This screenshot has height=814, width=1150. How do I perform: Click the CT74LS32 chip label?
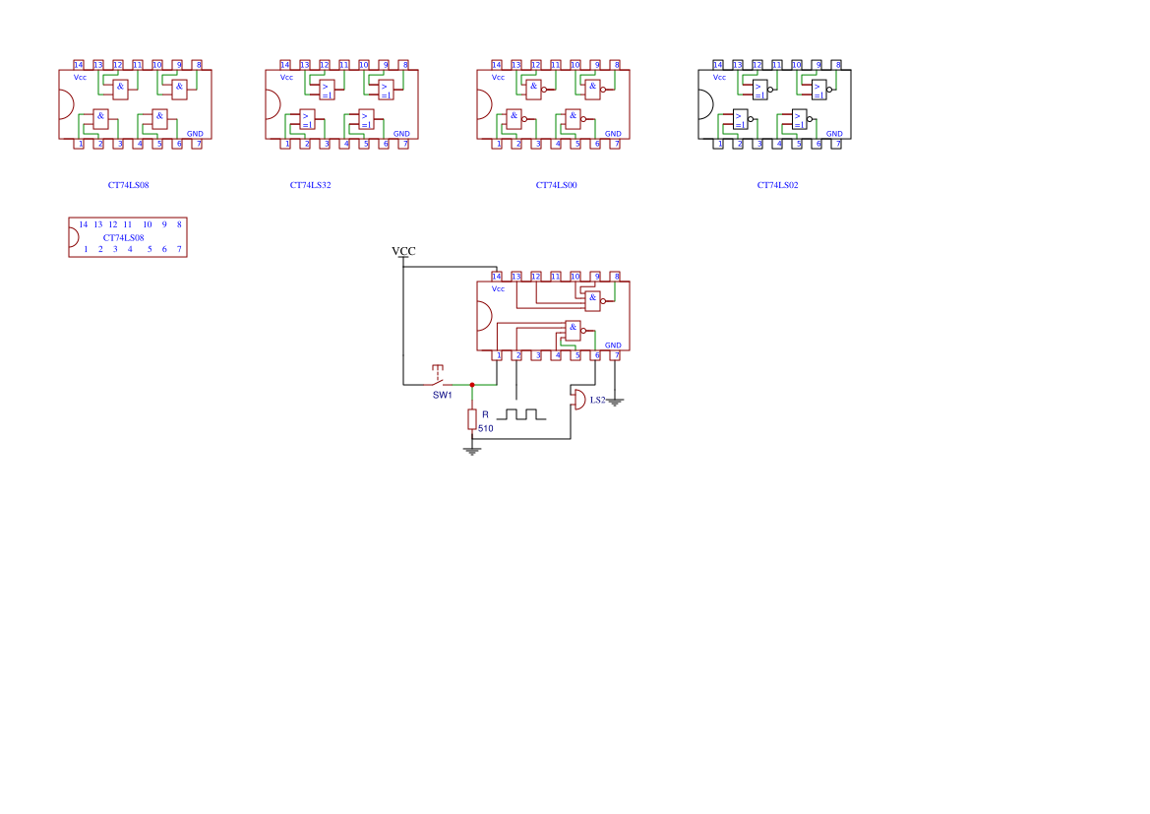[310, 185]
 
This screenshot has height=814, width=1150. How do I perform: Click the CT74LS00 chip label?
[556, 185]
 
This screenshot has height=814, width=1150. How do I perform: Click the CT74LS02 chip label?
[777, 185]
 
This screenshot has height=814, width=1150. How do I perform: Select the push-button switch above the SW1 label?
[439, 377]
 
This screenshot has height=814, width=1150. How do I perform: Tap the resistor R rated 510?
[472, 419]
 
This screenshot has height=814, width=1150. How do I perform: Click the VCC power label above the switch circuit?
[403, 252]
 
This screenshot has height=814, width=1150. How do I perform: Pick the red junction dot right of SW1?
[472, 385]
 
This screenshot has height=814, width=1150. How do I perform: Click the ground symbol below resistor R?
[472, 451]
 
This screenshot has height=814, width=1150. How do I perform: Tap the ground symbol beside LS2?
[615, 402]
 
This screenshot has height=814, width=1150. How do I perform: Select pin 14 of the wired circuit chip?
[497, 277]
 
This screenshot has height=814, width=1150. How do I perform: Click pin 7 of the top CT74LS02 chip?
[838, 144]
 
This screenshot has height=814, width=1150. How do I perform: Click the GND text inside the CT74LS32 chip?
[401, 134]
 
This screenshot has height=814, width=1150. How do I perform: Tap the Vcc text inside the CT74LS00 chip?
[498, 77]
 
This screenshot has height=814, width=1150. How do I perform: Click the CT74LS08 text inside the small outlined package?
[124, 237]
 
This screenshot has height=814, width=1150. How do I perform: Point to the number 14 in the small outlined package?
[84, 224]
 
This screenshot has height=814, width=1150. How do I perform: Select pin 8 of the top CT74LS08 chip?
[198, 65]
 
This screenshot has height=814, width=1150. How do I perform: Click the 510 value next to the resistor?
[485, 429]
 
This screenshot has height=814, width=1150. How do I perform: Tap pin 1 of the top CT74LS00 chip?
[498, 144]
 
